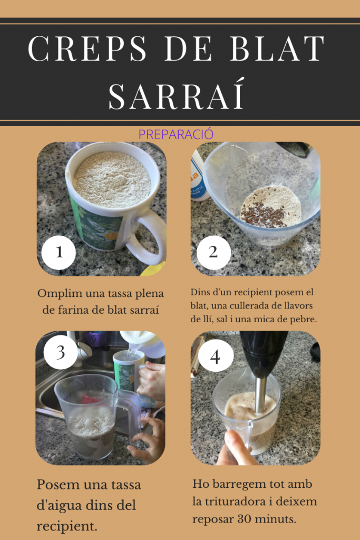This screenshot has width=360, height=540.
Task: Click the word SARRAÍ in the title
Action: (x=177, y=93)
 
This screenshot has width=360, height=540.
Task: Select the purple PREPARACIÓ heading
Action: (x=176, y=134)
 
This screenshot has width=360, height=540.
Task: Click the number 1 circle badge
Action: (x=59, y=253)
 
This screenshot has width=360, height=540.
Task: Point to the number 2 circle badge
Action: (x=213, y=253)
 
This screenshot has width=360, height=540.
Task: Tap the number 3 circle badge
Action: (x=61, y=352)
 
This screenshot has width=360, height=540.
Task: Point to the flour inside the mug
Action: (x=112, y=179)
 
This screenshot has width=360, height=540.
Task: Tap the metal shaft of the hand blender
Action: (x=260, y=394)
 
